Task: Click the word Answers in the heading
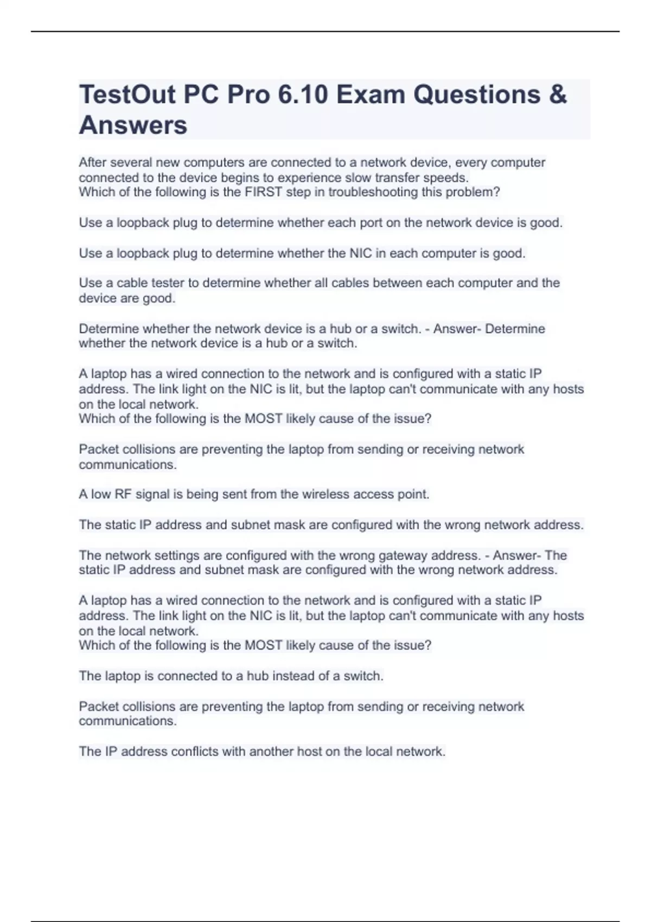tap(133, 125)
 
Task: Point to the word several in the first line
tap(131, 163)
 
